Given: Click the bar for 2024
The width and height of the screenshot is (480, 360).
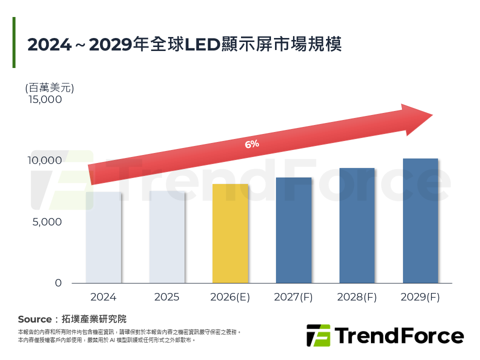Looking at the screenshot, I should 103,237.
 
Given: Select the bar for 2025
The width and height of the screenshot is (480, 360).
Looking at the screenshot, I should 166,237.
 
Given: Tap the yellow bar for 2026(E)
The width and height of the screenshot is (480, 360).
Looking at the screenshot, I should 230,233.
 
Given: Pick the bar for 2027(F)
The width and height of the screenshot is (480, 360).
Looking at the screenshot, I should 293,230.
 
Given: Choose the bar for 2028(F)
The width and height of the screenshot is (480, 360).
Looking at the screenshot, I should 357,225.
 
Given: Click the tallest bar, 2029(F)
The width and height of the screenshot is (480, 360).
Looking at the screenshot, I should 420,221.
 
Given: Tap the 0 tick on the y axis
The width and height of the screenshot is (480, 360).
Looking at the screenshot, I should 58,283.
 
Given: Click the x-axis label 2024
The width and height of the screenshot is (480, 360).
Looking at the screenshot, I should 103,297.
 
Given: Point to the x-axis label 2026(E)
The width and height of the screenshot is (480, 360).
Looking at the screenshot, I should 230,297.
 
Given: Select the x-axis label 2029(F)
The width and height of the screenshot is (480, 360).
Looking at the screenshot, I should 420,297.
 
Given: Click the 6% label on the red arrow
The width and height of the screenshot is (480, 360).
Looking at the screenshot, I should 252,144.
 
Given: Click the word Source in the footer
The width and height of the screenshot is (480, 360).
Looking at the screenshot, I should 34,319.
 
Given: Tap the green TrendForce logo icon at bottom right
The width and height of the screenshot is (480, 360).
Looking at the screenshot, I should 318,335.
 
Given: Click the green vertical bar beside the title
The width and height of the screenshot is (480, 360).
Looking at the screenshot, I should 14,42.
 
